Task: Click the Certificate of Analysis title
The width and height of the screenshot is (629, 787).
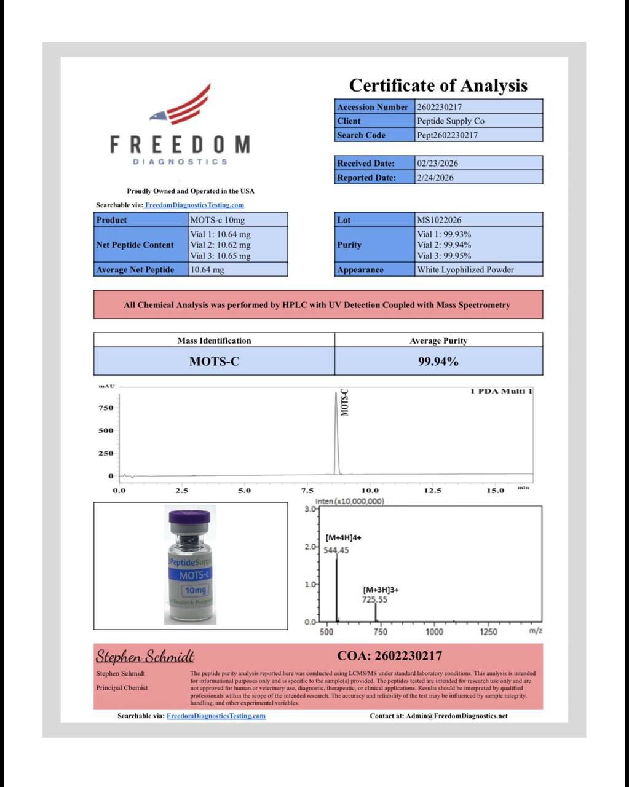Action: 438,85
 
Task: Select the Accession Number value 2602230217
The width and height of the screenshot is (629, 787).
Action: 439,107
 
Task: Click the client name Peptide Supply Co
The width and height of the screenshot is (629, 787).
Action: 450,121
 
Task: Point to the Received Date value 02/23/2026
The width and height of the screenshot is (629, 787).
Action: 437,164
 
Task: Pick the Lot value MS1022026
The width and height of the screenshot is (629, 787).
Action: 439,220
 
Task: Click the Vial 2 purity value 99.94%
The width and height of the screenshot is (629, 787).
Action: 444,245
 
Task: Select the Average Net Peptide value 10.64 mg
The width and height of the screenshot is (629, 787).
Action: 207,270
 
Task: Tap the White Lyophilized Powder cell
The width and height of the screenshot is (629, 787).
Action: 465,270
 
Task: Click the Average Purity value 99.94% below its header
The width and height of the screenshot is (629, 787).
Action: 438,362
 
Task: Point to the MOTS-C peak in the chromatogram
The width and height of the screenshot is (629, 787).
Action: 336,430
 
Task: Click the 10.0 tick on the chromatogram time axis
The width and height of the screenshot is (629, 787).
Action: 370,491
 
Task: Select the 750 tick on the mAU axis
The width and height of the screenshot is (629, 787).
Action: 106,408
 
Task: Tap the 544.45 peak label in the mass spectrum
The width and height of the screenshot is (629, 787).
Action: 336,550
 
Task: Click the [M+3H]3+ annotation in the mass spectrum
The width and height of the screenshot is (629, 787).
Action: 381,590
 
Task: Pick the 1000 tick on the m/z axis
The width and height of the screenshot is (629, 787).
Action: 434,631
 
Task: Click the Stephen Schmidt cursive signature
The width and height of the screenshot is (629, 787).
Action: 145,657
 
